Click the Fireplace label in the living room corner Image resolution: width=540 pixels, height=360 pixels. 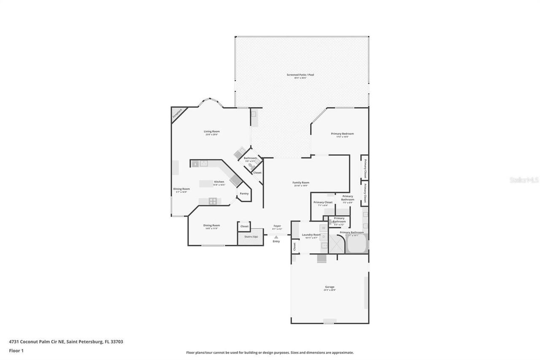tap(178, 114)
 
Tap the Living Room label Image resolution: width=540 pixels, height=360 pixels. tap(212, 131)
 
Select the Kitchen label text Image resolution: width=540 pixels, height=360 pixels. tap(219, 182)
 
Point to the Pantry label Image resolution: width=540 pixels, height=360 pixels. tap(244, 194)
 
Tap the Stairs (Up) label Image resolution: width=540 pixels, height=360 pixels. tap(251, 237)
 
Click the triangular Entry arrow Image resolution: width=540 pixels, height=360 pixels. tap(276, 237)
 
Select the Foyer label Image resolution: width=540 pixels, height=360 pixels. tap(277, 226)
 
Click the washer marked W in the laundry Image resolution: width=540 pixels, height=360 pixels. tap(324, 228)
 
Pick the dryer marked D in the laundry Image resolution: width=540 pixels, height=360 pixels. tap(324, 236)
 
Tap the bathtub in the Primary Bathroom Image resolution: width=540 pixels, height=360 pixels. tap(357, 244)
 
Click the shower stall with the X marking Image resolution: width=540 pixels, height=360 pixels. tap(337, 244)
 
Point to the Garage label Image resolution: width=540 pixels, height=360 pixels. tap(329, 287)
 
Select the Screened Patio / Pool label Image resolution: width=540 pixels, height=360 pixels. tap(300, 75)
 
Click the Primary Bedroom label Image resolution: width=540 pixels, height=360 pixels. tap(342, 134)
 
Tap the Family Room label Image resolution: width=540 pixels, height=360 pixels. tap(301, 183)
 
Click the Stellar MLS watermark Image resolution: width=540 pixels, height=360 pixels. tap(524, 180)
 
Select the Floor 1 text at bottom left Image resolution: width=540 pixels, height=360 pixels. tap(16, 350)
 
